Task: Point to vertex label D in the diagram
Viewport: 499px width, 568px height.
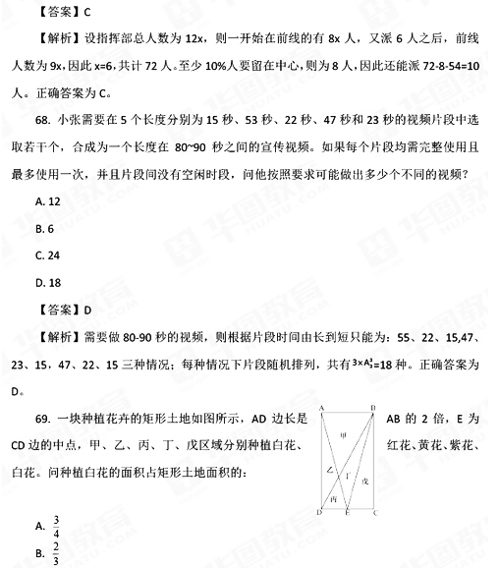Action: click(x=320, y=513)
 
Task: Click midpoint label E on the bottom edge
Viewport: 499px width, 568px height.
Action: click(x=347, y=514)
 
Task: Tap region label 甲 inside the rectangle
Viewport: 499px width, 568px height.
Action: click(x=343, y=434)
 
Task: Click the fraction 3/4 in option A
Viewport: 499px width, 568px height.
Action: click(x=57, y=525)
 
